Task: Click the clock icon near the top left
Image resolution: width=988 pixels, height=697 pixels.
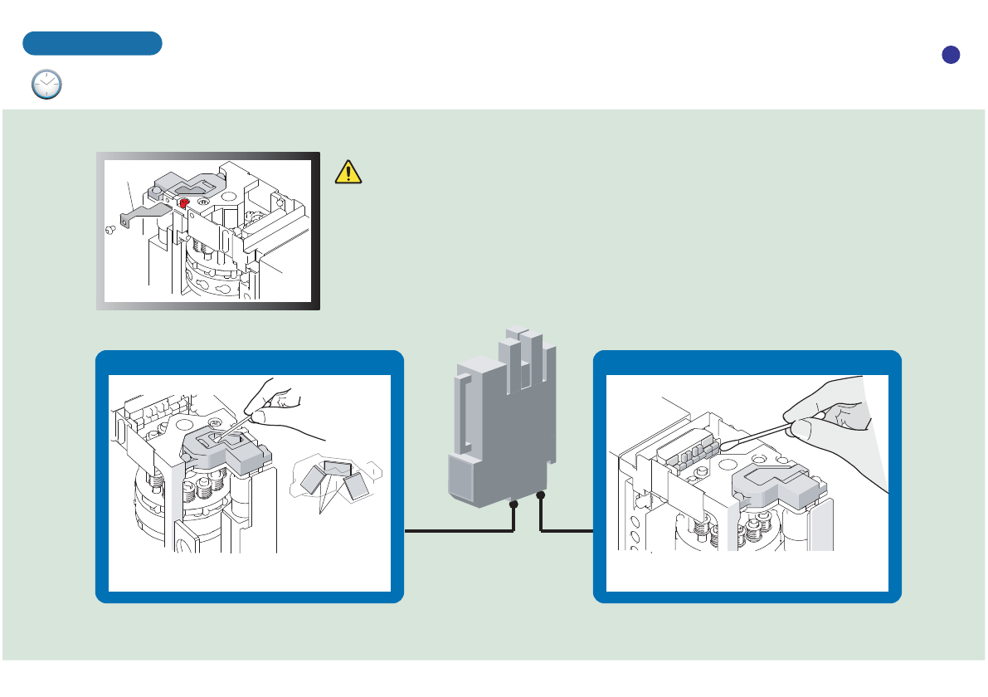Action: tap(47, 85)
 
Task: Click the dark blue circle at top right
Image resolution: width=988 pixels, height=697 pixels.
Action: tap(951, 54)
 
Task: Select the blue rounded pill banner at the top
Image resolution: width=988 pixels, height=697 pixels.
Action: tap(92, 43)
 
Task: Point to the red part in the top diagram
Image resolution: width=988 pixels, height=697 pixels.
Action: tap(184, 202)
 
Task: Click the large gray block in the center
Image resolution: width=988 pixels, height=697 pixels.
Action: tap(498, 423)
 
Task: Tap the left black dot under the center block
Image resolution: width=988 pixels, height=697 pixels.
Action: tap(514, 504)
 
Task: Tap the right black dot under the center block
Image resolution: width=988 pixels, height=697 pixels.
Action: tap(541, 496)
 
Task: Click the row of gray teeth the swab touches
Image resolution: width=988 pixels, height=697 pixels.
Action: tap(689, 453)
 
